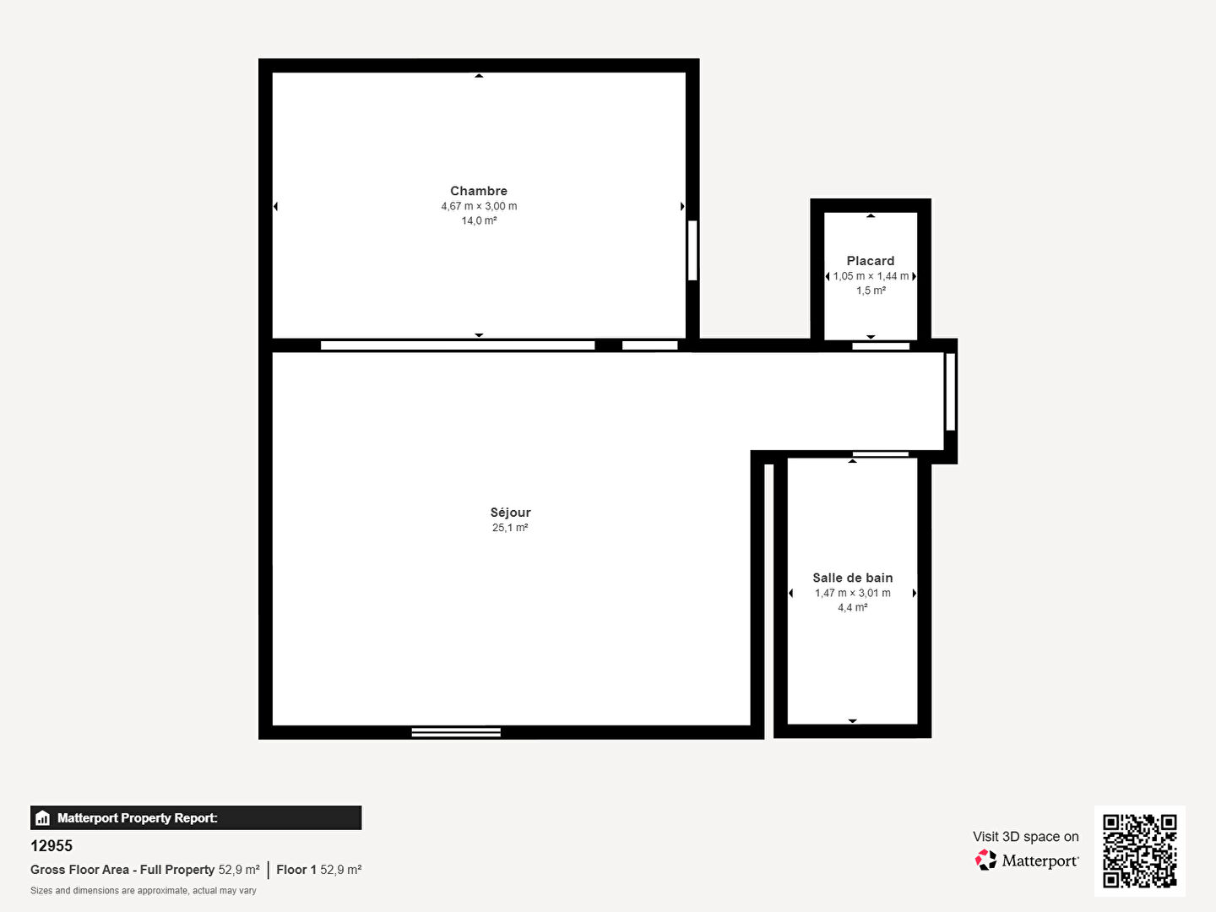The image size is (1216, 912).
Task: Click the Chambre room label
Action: click(479, 191)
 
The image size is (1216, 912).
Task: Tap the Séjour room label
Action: click(510, 513)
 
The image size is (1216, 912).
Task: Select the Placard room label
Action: click(871, 261)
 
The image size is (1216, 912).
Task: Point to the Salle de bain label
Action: click(853, 578)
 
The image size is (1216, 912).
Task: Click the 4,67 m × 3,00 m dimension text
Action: click(479, 206)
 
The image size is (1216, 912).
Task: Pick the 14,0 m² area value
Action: click(479, 220)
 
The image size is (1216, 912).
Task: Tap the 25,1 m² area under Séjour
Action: click(510, 528)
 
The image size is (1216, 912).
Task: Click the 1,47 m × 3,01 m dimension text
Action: click(853, 593)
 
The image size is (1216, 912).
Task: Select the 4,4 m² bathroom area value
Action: click(853, 607)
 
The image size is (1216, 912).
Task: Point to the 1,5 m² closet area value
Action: click(871, 290)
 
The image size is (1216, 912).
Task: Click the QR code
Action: click(1139, 851)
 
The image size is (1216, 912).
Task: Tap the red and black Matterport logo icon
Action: click(985, 860)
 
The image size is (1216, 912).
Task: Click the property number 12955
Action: click(52, 846)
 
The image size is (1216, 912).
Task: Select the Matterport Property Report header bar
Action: click(196, 818)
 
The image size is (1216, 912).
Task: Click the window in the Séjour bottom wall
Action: click(456, 732)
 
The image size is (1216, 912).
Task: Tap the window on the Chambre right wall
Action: click(692, 250)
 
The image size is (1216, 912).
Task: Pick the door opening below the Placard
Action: click(881, 346)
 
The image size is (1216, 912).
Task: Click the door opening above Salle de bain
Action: click(880, 454)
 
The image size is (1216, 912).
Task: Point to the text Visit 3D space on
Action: click(1026, 837)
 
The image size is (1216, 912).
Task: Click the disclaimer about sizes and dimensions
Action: click(144, 890)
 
